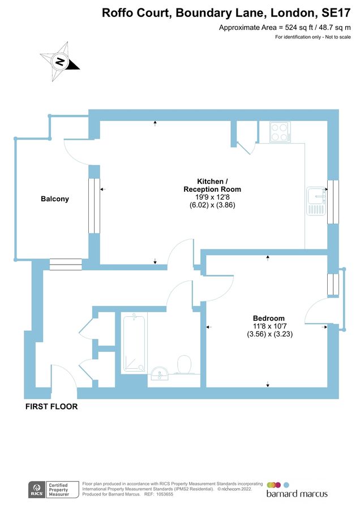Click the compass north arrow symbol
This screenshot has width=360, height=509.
[59, 60]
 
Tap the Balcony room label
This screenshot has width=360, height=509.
[55, 199]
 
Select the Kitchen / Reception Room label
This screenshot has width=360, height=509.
[212, 185]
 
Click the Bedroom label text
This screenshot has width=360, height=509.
[269, 318]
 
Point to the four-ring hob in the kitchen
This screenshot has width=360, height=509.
[280, 132]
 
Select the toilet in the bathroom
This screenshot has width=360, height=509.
[185, 365]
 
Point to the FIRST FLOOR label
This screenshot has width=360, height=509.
[51, 406]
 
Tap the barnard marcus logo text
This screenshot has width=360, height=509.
[297, 494]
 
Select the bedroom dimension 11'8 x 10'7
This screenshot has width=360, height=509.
[269, 326]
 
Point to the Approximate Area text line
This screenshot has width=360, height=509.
[285, 27]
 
